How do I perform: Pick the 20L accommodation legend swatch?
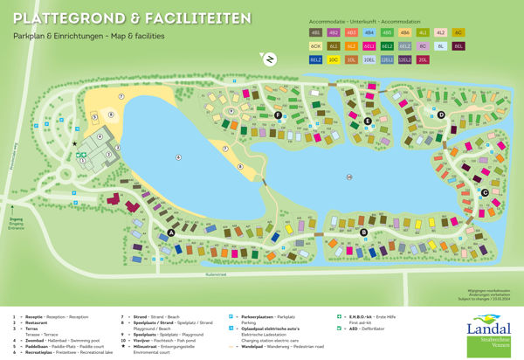pyautogui.click(x=423, y=59)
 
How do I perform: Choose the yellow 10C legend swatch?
pyautogui.click(x=334, y=59)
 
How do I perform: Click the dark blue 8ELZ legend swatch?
pyautogui.click(x=316, y=59)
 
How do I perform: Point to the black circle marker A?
pyautogui.click(x=170, y=232)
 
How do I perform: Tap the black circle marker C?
pyautogui.click(x=485, y=192)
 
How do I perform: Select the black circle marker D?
pyautogui.click(x=441, y=114)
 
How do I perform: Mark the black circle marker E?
pyautogui.click(x=368, y=121)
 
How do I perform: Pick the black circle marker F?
pyautogui.click(x=278, y=115)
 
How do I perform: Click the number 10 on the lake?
pyautogui.click(x=348, y=178)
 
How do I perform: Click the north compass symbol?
pyautogui.click(x=270, y=58)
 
